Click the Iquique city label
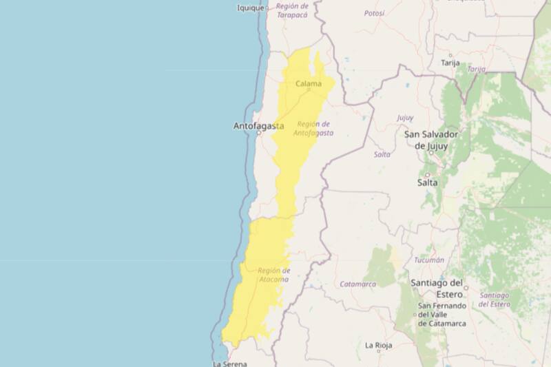(251, 8)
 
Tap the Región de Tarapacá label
(291, 10)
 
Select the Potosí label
(374, 13)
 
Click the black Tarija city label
(450, 63)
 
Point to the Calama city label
(308, 84)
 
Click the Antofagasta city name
(258, 126)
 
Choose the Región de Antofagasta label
(314, 128)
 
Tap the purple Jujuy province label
(405, 118)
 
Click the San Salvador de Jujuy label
(431, 140)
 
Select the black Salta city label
(427, 182)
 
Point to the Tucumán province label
(429, 260)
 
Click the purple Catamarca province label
(357, 284)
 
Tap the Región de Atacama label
(273, 275)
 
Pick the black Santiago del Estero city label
(437, 287)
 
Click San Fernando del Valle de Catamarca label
(441, 314)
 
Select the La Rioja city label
(378, 345)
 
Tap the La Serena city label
(229, 363)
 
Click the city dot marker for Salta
(427, 175)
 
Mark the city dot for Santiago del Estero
(466, 288)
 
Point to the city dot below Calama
(309, 90)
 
